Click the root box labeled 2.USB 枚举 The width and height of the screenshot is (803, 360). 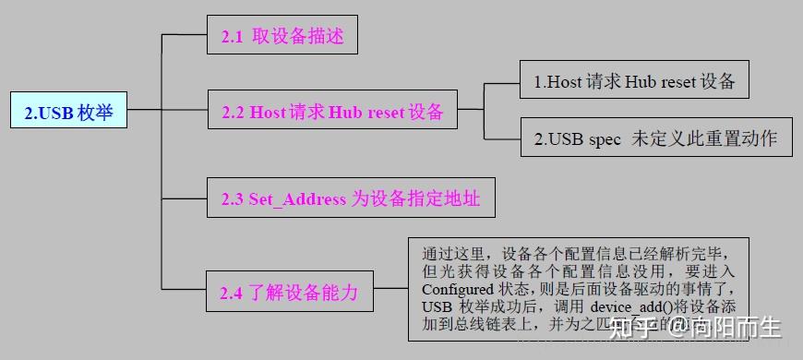[68, 114]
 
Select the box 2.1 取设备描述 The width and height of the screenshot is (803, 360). [282, 36]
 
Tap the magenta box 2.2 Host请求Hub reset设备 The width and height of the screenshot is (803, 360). [332, 113]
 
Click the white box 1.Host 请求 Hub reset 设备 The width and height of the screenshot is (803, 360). [634, 81]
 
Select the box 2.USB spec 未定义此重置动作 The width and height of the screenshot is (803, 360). [655, 139]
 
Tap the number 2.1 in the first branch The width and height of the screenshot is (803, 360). [232, 37]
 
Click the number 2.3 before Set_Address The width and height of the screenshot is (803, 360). [232, 199]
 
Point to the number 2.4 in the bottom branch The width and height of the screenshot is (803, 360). [231, 294]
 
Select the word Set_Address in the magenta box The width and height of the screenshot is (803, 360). [297, 199]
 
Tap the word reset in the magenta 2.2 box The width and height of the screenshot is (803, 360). [387, 114]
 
